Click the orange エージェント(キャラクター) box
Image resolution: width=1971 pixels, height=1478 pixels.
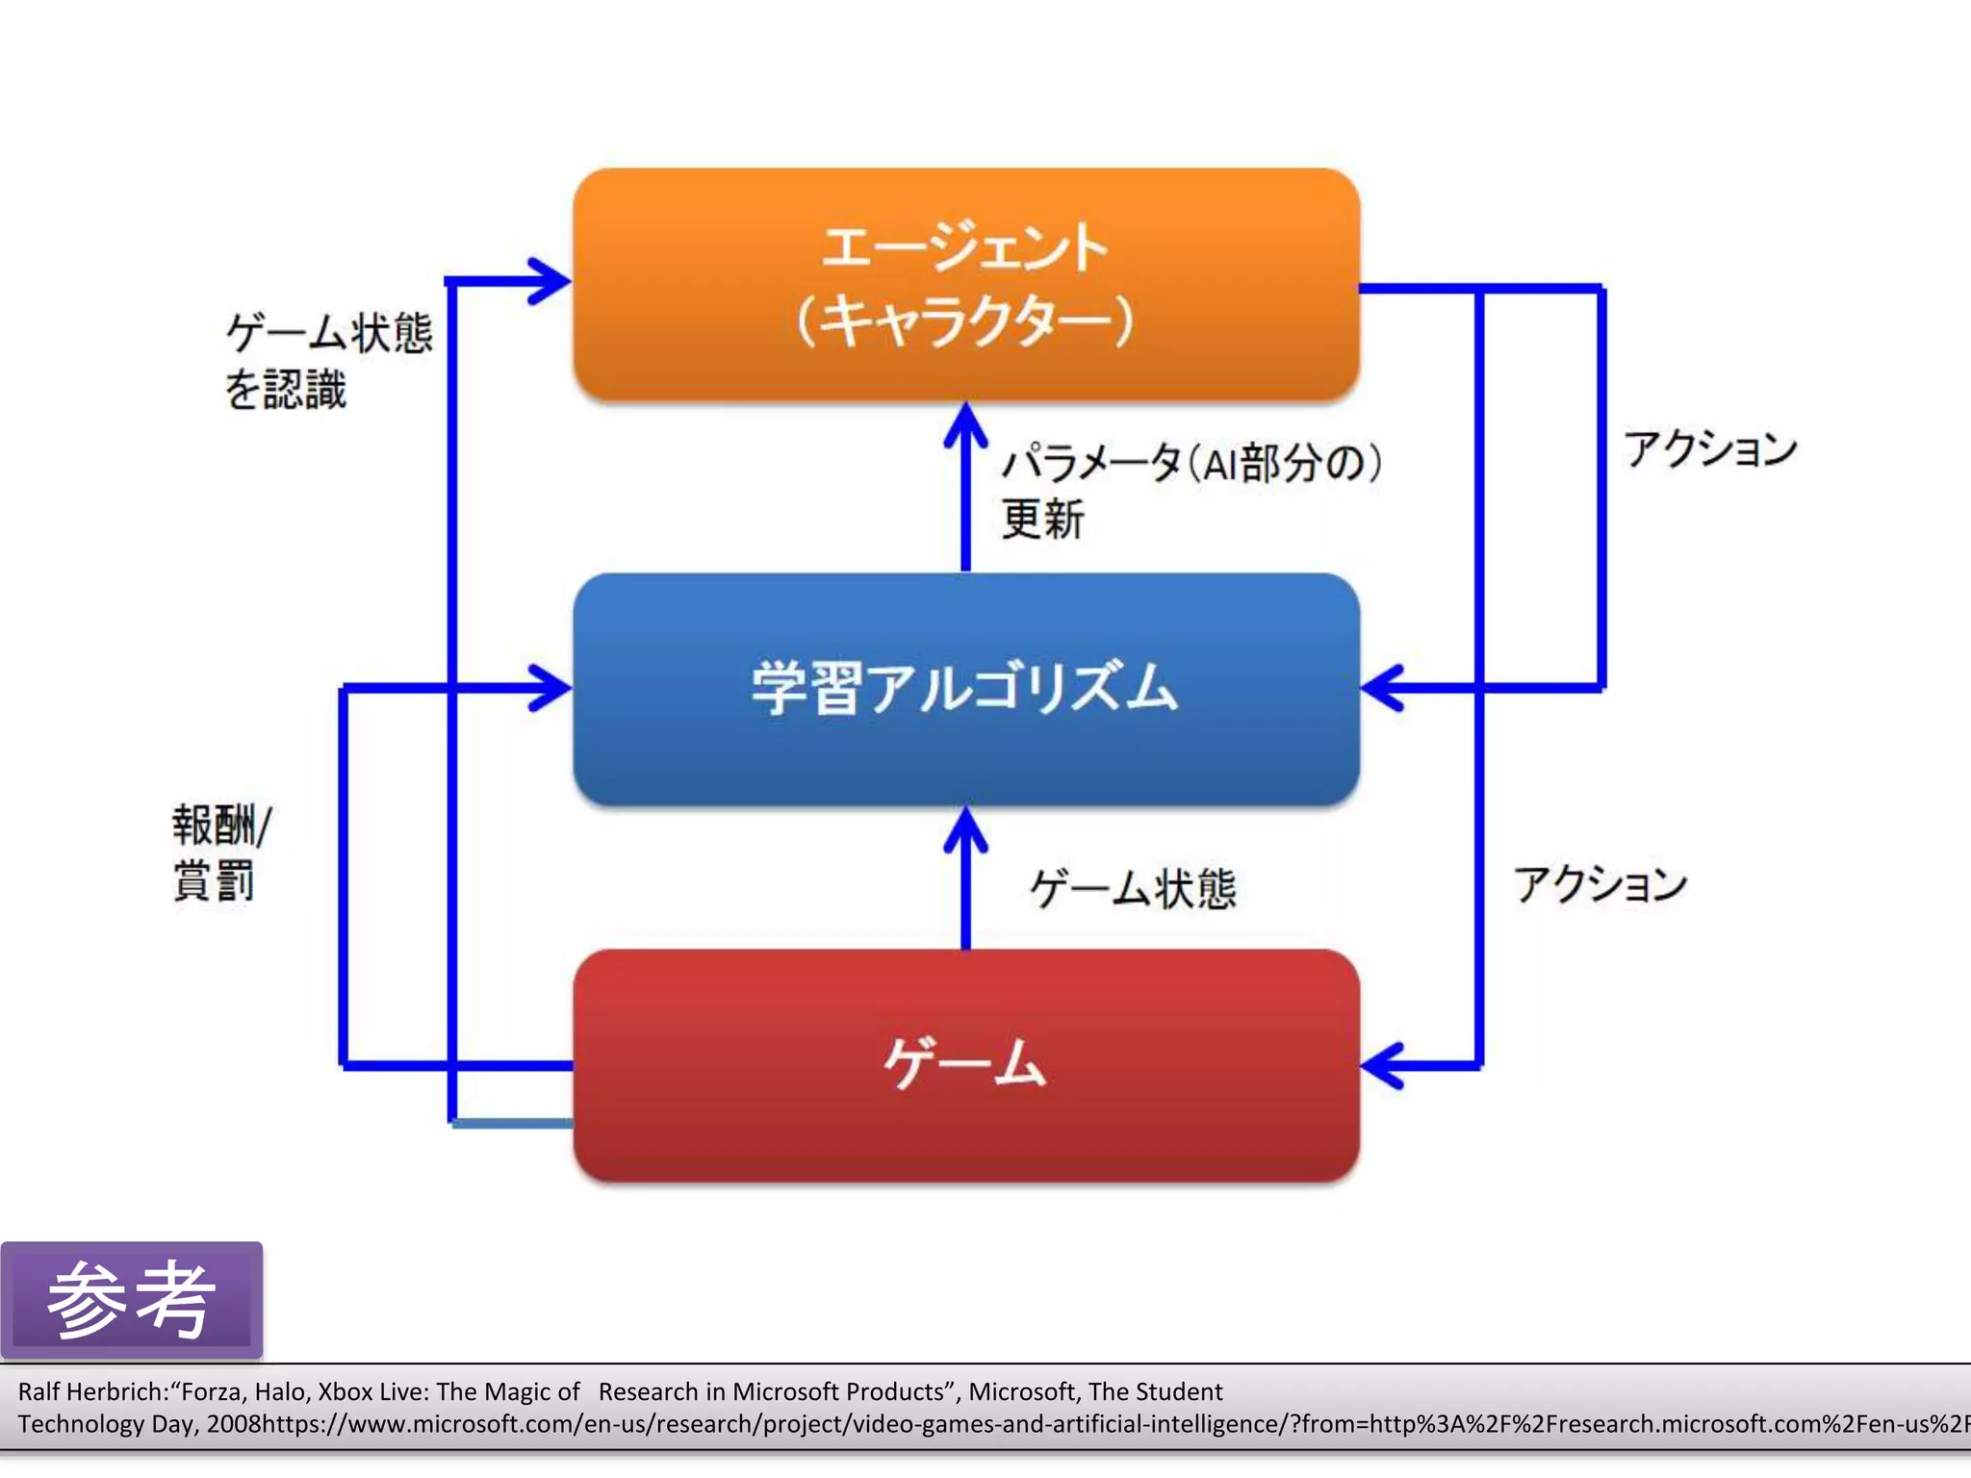point(965,284)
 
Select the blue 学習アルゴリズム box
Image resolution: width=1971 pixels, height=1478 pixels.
point(965,688)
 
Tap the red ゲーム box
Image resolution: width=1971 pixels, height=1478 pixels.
point(965,1064)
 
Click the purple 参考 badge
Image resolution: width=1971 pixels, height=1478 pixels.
point(132,1300)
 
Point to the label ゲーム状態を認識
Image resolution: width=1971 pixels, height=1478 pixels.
point(327,361)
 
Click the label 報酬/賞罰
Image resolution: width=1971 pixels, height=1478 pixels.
point(221,853)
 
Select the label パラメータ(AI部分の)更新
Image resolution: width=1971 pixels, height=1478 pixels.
point(1190,491)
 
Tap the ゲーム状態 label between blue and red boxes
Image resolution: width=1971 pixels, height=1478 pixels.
point(1133,887)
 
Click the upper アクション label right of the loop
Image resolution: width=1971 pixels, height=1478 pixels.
point(1710,449)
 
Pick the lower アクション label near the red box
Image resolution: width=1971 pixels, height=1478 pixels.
point(1600,883)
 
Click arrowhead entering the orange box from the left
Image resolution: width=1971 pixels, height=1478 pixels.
point(553,281)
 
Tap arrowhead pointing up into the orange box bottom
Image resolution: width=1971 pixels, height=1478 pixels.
point(965,423)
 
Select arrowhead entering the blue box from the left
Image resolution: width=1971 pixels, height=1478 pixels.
point(553,688)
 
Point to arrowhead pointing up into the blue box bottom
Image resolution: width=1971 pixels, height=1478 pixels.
point(965,828)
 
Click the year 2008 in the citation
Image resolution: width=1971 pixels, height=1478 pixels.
point(234,1424)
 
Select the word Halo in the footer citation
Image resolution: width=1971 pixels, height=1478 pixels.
point(280,1391)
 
